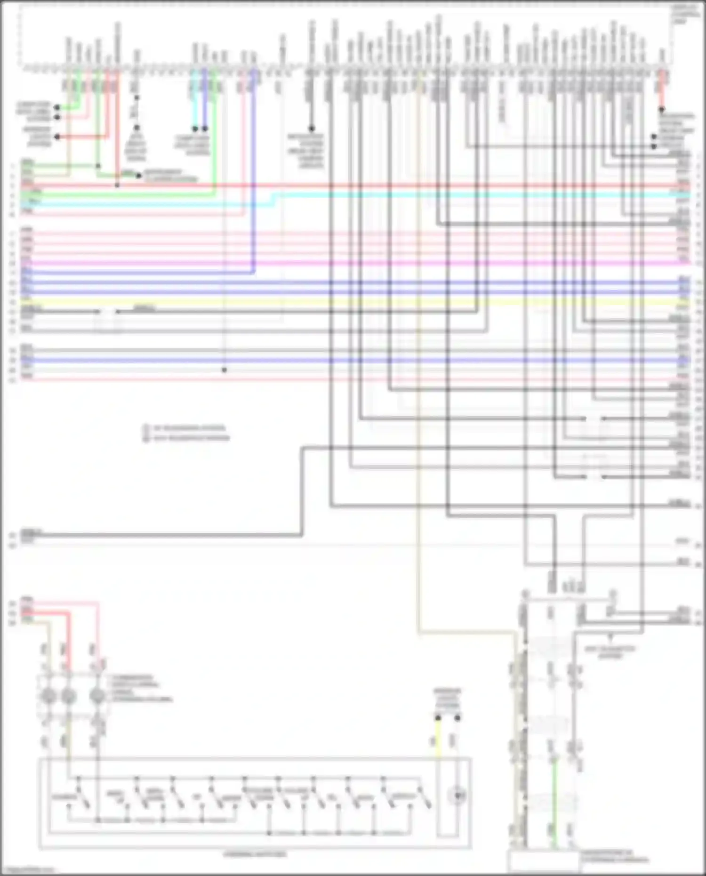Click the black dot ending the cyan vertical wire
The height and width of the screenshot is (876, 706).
tap(195, 129)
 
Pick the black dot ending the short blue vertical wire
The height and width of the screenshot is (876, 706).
tap(205, 129)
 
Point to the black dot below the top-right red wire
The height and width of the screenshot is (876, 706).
tap(661, 110)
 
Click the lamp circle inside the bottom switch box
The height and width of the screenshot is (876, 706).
tap(457, 796)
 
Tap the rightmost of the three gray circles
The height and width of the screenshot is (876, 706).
tap(97, 696)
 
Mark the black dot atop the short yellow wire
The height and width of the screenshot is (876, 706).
tap(438, 718)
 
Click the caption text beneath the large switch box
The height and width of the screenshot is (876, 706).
tap(254, 854)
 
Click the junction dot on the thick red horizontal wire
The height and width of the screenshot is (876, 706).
tap(117, 185)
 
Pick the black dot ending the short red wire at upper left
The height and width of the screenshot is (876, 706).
tap(57, 137)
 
